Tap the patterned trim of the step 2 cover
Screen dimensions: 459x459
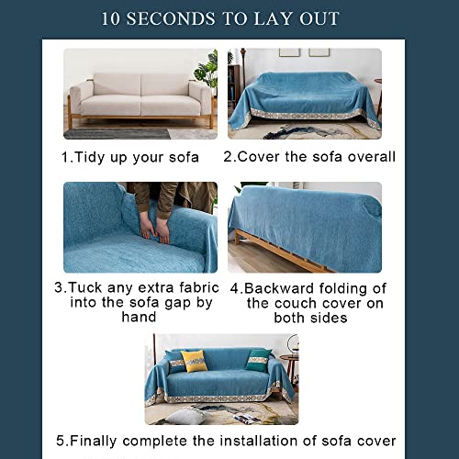[303, 114]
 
